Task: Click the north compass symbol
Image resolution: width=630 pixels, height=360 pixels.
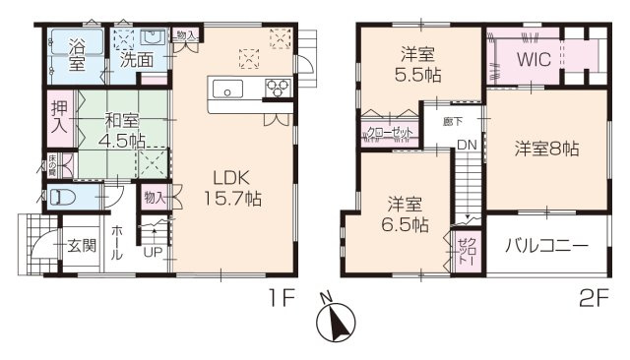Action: [x=337, y=321]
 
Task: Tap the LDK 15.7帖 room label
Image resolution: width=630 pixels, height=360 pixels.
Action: [x=232, y=187]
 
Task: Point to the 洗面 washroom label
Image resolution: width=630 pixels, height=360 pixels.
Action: [x=137, y=59]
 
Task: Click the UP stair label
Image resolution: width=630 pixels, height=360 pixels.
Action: [x=154, y=251]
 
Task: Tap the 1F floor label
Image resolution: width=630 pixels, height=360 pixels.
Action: [x=280, y=300]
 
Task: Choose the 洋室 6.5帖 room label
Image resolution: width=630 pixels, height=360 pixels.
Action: [x=405, y=214]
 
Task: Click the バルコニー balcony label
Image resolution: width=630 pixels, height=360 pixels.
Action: [x=546, y=244]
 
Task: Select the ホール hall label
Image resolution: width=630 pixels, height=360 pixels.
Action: [x=117, y=241]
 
